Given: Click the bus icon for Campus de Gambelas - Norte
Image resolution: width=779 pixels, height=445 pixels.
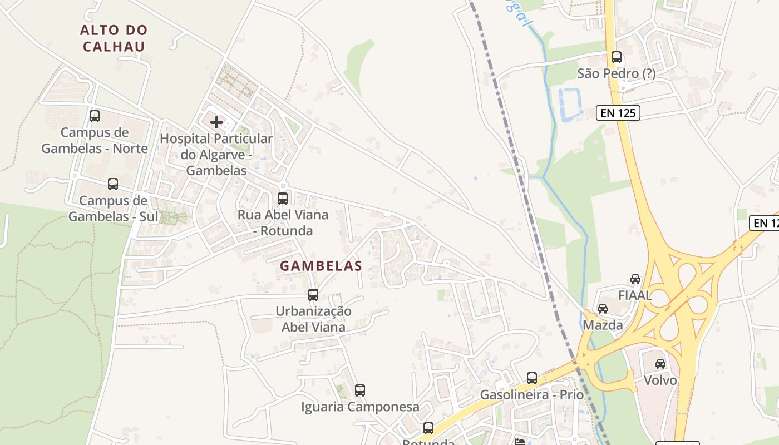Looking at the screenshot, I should click(x=95, y=116).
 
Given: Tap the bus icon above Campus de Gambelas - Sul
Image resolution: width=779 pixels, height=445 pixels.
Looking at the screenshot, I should click(x=113, y=184).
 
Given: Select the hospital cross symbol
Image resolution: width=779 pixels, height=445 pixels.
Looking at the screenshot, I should click(x=216, y=122).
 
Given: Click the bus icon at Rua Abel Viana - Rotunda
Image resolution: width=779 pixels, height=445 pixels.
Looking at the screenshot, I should click(x=283, y=198).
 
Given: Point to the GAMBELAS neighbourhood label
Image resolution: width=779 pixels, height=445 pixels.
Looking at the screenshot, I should click(x=321, y=266).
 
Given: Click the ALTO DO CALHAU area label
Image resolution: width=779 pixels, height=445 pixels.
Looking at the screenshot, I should click(x=114, y=38).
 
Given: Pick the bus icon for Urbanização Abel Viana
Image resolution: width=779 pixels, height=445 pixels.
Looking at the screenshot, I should click(x=313, y=295).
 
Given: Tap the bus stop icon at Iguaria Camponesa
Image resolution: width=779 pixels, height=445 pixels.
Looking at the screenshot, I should click(x=360, y=390).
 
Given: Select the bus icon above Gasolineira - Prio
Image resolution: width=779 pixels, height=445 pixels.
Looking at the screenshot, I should click(x=532, y=378).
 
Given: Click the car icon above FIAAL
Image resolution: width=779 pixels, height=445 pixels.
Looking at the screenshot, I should click(x=635, y=279).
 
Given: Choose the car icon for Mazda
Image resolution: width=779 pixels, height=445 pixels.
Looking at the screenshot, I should click(x=603, y=308).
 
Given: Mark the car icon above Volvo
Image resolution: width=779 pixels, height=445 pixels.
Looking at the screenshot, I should click(x=660, y=364).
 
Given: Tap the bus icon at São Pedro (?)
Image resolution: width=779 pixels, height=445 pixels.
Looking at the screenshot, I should click(x=617, y=57).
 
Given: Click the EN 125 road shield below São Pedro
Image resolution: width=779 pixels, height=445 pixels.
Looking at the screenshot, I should click(x=618, y=113).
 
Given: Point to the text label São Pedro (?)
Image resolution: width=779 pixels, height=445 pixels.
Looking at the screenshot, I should click(x=617, y=73).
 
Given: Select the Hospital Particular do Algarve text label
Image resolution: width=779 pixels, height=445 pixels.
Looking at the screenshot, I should click(x=216, y=154).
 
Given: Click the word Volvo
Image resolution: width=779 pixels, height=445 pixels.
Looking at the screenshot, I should click(x=660, y=380).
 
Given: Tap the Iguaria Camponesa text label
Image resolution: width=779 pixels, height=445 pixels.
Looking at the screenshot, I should click(x=360, y=407).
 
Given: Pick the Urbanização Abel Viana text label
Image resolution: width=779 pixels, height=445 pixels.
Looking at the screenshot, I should click(x=313, y=319).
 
